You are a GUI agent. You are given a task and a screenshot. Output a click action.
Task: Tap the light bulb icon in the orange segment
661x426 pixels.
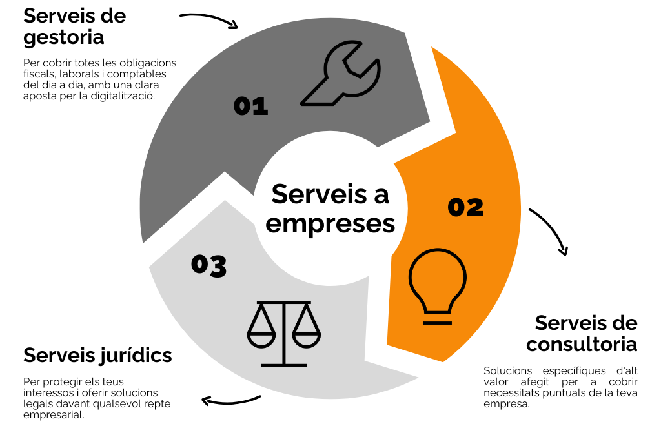click(438, 285)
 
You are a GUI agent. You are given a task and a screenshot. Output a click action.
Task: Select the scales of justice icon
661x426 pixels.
click(283, 332)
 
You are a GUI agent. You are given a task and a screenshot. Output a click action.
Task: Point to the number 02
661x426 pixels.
click(465, 207)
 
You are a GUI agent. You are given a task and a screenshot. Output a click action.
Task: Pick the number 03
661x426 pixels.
click(208, 265)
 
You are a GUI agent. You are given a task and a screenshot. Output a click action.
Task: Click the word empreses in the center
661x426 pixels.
click(330, 223)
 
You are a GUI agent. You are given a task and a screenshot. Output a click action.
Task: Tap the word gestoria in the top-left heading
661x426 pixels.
click(63, 37)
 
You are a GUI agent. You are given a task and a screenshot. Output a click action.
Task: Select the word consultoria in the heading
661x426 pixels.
click(581, 345)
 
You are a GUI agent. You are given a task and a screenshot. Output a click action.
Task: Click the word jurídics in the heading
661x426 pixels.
click(136, 354)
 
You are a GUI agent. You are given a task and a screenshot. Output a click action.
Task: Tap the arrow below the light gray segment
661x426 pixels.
click(230, 401)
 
